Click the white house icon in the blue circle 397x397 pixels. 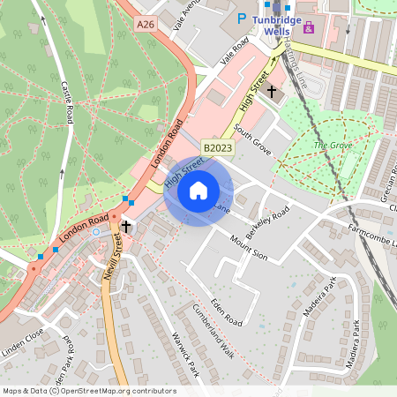pos(198,190)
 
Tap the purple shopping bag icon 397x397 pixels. pos(308,27)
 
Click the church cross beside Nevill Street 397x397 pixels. pos(126,227)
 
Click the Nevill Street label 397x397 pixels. pos(111,263)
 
